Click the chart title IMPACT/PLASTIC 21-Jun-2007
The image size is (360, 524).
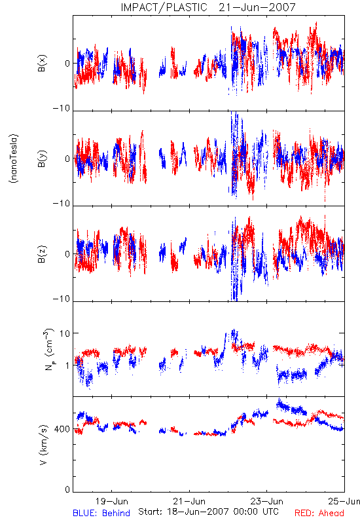(x=208, y=7)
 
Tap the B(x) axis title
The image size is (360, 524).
(x=42, y=63)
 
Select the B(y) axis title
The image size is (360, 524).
(x=42, y=159)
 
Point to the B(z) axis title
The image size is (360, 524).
(x=42, y=254)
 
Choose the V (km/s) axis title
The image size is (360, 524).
(x=43, y=445)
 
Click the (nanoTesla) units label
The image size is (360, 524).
(x=14, y=159)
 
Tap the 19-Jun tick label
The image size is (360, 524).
(x=111, y=501)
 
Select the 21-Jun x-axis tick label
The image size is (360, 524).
(x=189, y=501)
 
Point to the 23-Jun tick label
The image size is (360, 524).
(x=267, y=501)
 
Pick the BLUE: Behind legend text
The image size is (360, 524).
(x=101, y=513)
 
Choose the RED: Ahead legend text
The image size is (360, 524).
(x=319, y=513)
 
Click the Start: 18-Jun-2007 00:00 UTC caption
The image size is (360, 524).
(x=208, y=512)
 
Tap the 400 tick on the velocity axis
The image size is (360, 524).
(x=62, y=429)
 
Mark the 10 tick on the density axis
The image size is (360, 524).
(x=65, y=333)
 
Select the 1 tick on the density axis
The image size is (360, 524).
(x=67, y=365)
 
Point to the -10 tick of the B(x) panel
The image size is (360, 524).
(x=62, y=108)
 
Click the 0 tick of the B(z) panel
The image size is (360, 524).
(x=67, y=254)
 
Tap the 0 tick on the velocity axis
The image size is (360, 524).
(x=67, y=489)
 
